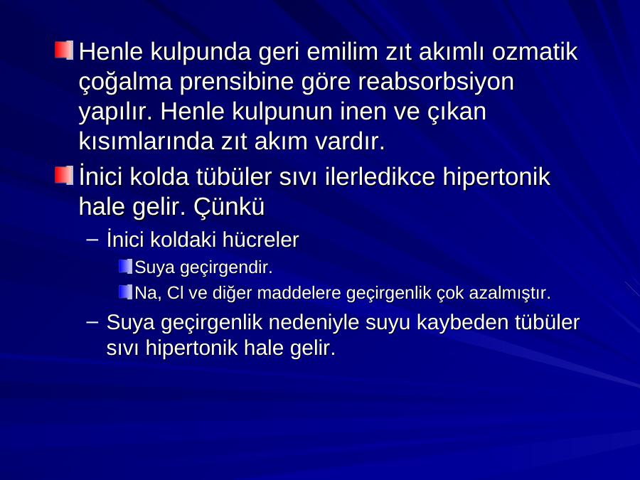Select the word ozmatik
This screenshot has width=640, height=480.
[x=535, y=52]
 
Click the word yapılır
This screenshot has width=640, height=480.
[x=115, y=112]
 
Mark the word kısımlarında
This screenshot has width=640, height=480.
[x=146, y=142]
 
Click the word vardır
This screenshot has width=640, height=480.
[x=350, y=142]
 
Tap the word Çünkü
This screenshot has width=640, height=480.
[x=228, y=206]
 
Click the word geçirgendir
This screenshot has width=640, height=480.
[x=226, y=268]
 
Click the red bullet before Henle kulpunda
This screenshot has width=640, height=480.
[x=64, y=50]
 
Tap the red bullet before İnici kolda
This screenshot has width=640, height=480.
[x=64, y=175]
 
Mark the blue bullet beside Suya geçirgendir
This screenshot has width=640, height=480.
[x=126, y=267]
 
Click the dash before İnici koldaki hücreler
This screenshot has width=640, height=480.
[x=92, y=240]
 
